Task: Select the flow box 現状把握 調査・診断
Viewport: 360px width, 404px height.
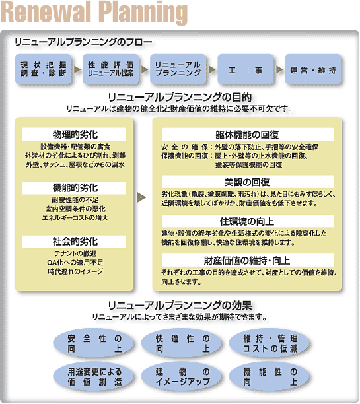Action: tap(44, 69)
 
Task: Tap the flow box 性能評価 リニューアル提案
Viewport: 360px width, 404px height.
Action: tap(110, 69)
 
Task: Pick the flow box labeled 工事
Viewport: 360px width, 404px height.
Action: tap(246, 69)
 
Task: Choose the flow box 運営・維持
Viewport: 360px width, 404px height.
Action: tap(313, 69)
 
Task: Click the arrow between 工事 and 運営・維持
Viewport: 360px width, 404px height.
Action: tap(279, 69)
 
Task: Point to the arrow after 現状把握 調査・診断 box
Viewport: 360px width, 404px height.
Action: tap(77, 69)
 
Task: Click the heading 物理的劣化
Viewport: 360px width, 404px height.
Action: tap(75, 134)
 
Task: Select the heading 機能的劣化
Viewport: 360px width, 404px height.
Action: tap(75, 188)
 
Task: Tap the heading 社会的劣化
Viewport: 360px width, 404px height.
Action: tap(75, 242)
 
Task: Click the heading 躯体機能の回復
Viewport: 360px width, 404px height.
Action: tap(247, 135)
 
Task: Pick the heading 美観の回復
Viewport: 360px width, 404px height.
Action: tap(247, 182)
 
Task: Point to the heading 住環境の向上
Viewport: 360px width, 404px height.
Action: tap(247, 221)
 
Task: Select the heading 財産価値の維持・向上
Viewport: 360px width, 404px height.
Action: tap(247, 261)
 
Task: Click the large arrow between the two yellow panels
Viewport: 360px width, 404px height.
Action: tap(141, 197)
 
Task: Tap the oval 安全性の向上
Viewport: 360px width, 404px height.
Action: tap(94, 343)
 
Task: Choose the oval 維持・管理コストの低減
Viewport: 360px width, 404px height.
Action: tap(270, 343)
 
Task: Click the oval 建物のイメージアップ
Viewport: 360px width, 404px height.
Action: tap(182, 376)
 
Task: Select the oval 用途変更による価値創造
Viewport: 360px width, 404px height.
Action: tap(94, 376)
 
